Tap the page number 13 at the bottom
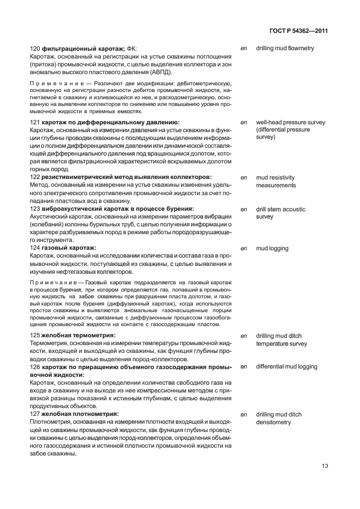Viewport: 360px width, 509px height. pyautogui.click(x=324, y=467)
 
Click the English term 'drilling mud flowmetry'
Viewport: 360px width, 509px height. pyautogui.click(x=285, y=49)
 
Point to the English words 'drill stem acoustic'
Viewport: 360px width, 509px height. pyautogui.click(x=280, y=209)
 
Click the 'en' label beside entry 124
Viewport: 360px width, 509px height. pyautogui.click(x=243, y=248)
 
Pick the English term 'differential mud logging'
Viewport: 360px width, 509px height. pyautogui.click(x=286, y=367)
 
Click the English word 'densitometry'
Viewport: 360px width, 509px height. pyautogui.click(x=273, y=423)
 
